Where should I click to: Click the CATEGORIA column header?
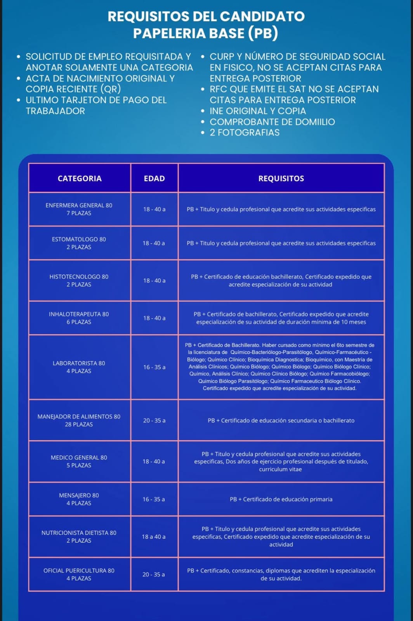click(x=80, y=179)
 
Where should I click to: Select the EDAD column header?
click(x=154, y=179)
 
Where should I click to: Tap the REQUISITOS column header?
click(x=281, y=179)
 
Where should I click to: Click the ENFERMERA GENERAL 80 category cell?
click(x=79, y=209)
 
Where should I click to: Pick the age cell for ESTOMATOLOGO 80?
click(x=154, y=243)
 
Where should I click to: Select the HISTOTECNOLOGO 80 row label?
click(x=79, y=280)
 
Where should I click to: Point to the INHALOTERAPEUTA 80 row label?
click(x=79, y=318)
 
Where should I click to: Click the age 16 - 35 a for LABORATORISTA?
click(x=154, y=367)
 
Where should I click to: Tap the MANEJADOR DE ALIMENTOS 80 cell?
click(x=79, y=420)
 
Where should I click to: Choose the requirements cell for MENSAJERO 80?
click(x=281, y=500)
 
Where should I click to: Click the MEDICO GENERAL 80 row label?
click(x=79, y=461)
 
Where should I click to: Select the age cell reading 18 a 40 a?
click(x=154, y=537)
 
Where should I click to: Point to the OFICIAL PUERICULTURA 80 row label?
click(x=79, y=574)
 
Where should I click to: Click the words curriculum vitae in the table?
click(x=280, y=469)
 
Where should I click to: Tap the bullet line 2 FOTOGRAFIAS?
click(x=245, y=133)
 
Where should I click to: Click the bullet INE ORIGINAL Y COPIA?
click(x=258, y=111)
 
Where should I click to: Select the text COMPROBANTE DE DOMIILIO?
click(x=272, y=122)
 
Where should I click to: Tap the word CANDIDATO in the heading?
click(x=262, y=16)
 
